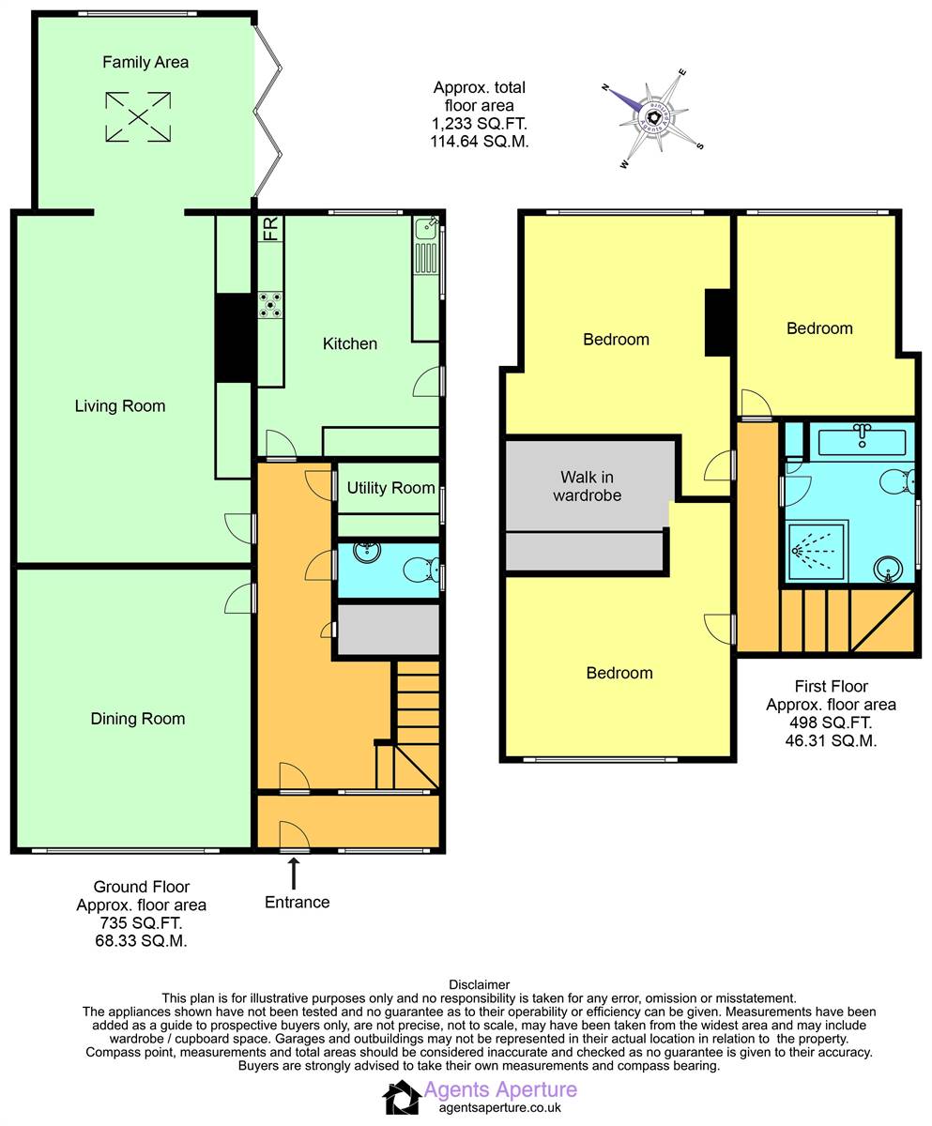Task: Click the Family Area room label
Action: point(145,62)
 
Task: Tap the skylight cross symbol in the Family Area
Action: point(138,116)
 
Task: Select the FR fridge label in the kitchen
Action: point(270,229)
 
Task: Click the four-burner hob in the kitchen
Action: point(269,305)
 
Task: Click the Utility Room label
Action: point(390,488)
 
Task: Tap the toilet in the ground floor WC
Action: point(420,570)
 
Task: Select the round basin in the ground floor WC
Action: point(367,551)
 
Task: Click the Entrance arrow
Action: point(294,873)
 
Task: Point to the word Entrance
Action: point(298,902)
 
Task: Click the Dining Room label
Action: point(138,719)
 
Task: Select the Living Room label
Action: point(120,406)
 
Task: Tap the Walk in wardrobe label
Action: point(587,486)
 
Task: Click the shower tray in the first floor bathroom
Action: point(817,551)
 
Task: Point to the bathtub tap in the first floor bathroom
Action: point(862,435)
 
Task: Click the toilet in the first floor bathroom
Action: point(897,481)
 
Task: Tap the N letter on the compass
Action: point(605,87)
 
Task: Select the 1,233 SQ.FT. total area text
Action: point(479,124)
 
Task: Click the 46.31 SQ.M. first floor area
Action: point(831,740)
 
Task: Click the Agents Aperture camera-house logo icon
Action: point(402,1098)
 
